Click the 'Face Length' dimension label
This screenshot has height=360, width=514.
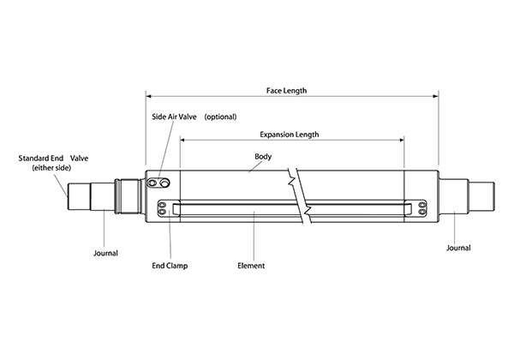click(x=288, y=90)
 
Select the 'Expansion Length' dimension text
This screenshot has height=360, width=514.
click(x=289, y=135)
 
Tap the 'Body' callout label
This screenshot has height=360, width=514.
click(x=263, y=156)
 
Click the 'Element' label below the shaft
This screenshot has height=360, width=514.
click(x=250, y=266)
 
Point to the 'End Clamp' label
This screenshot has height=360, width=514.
click(x=170, y=266)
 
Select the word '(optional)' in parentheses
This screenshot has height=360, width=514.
click(x=220, y=116)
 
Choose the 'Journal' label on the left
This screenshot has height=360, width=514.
click(x=105, y=253)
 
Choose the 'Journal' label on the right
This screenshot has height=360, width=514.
click(x=458, y=248)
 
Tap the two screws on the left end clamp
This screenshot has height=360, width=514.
click(x=163, y=208)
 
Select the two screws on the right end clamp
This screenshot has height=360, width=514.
click(x=421, y=208)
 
